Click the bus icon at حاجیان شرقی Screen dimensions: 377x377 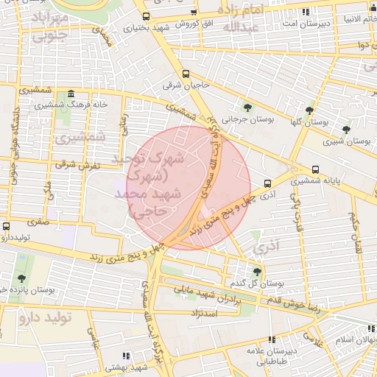pos(186,74)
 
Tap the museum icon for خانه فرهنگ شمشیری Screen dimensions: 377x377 pos(70,94)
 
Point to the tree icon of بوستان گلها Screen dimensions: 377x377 pos(309,110)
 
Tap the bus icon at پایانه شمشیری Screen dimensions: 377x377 pos(316,168)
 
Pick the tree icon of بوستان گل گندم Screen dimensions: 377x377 pos(256,272)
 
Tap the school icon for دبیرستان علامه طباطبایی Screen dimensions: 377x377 pos(272,340)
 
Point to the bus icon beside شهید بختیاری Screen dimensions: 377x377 pos(146,16)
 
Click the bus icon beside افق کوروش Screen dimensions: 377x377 pos(194,13)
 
